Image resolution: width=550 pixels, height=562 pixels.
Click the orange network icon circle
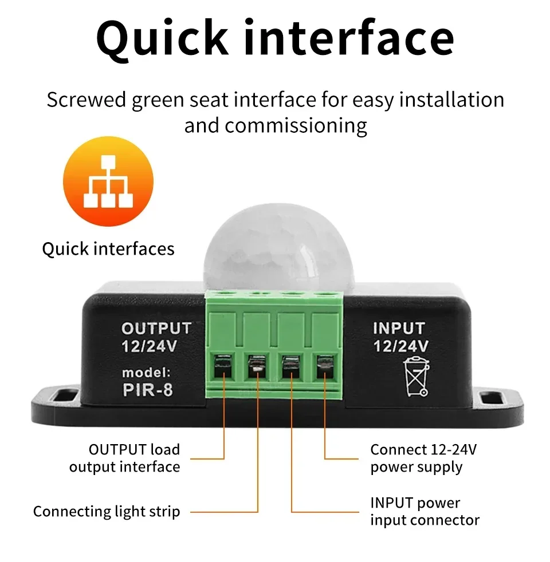click(x=108, y=181)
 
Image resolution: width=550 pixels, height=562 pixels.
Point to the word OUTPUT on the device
click(x=156, y=329)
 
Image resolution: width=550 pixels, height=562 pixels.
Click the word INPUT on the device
click(x=399, y=329)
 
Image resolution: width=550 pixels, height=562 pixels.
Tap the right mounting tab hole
click(x=489, y=397)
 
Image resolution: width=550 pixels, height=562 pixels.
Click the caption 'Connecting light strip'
click(x=107, y=511)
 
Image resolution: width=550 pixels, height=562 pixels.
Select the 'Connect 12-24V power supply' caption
click(x=423, y=458)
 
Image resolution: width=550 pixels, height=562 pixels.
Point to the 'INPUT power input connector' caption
click(x=425, y=512)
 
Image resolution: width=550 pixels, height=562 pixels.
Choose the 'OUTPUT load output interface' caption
click(x=125, y=458)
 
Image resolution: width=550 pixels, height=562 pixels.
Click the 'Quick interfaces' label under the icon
click(x=108, y=249)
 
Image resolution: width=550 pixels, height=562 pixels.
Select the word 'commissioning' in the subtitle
click(x=296, y=125)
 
